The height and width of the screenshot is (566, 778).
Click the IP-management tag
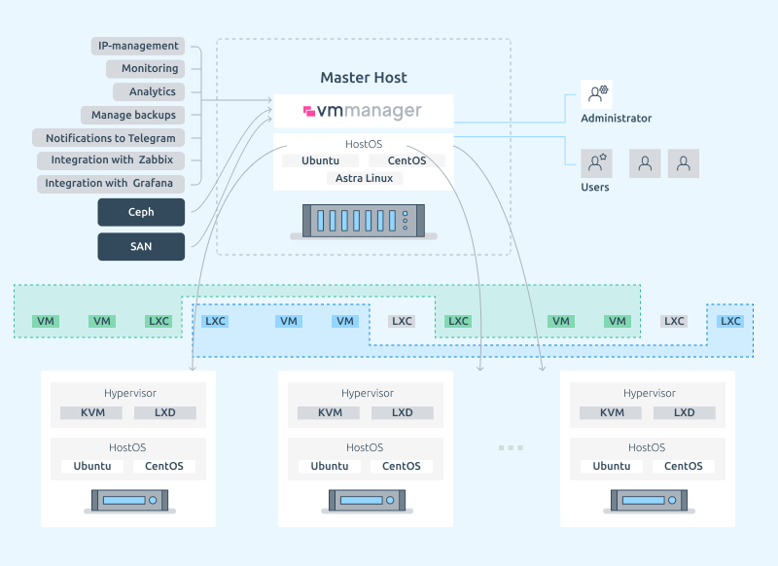pos(138,46)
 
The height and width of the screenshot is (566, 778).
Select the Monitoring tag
pos(145,68)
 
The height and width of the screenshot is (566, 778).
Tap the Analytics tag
pos(149,91)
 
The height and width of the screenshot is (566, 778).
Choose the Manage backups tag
pos(133,115)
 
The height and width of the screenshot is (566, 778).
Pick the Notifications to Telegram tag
pos(109,138)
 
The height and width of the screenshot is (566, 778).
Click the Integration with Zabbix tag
pos(111,160)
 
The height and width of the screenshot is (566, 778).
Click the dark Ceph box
pos(141,212)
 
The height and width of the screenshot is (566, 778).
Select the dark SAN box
pos(141,247)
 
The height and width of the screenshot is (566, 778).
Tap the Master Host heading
pos(364,78)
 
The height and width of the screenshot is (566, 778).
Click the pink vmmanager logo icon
pos(309,111)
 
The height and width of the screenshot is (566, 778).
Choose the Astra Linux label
pos(364,178)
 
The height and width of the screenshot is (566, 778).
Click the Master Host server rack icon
pos(364,221)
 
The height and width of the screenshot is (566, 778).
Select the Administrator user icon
pos(596,94)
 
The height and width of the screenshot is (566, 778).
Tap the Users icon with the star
pos(596,163)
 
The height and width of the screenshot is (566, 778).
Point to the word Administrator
pos(617,118)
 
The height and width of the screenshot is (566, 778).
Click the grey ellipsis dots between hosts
pos(511,448)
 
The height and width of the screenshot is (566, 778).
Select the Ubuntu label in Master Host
pos(321,160)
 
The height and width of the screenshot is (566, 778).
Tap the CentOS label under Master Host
pos(407,160)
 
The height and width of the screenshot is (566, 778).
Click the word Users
pos(595,187)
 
